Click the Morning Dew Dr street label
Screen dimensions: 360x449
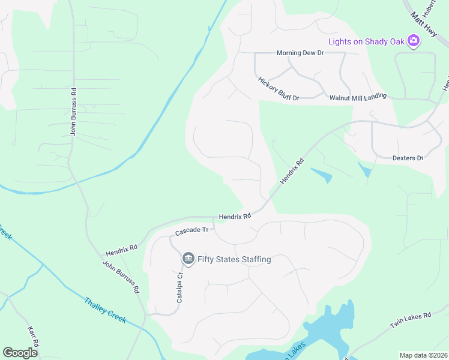point(300,53)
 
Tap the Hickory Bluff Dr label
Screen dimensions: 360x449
point(279,88)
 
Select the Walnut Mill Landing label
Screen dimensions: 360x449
point(358,97)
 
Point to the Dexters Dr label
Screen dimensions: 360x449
point(408,158)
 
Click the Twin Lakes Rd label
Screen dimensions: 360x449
point(411,320)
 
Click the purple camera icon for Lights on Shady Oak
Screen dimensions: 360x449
point(412,41)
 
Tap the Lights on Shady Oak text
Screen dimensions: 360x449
point(366,41)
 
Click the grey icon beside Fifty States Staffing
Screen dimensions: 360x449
point(188,259)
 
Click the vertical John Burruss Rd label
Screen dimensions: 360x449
point(73,112)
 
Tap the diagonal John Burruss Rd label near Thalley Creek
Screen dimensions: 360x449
point(121,277)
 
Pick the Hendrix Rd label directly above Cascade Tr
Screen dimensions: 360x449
point(234,216)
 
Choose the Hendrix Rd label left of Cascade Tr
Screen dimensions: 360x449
point(121,247)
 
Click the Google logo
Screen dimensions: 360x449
point(20,352)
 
